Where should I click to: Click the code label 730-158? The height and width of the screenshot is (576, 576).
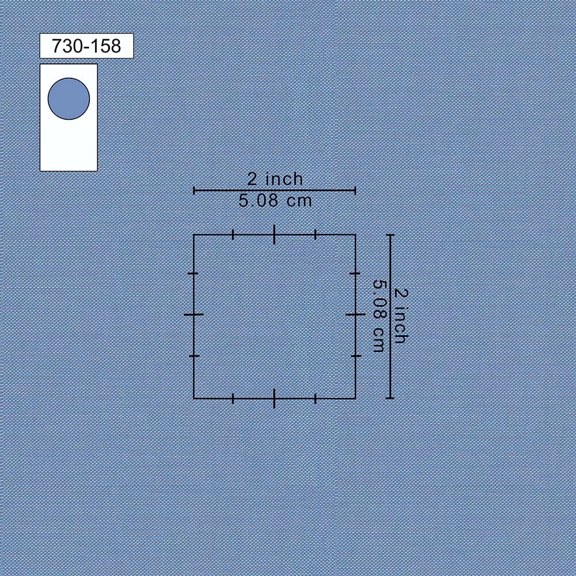point(86,46)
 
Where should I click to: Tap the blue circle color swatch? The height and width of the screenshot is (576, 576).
point(69,98)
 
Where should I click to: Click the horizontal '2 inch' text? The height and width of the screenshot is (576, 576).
point(275,179)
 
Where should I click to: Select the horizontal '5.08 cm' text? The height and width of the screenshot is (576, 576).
point(275,200)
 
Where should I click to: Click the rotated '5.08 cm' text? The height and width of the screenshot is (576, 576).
point(379,316)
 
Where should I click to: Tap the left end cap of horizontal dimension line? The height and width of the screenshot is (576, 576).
point(194,190)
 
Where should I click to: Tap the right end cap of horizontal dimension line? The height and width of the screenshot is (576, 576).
point(355,190)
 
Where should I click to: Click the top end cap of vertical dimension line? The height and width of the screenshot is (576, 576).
point(391,235)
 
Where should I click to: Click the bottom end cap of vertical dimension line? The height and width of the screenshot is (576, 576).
point(391,398)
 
